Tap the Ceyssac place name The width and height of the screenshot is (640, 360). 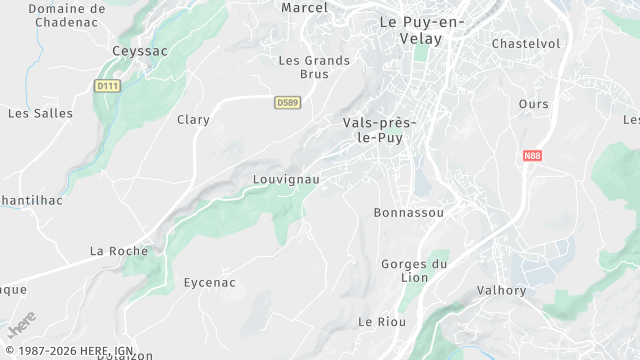pos(140,50)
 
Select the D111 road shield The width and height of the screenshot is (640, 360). pos(107,86)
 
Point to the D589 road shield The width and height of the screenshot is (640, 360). pos(287,102)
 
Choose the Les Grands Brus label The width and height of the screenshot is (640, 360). pos(314,67)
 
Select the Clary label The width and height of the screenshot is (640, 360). pos(193,120)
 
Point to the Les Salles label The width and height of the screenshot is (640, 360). pos(40,113)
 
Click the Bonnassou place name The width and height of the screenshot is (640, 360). pos(408,213)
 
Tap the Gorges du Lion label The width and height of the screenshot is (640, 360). pos(414,271)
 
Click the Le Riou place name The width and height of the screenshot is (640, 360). pos(380,321)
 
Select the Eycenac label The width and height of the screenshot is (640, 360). pos(210,283)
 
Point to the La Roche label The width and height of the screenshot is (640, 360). pos(119,250)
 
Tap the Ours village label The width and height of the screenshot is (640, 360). pos(534,104)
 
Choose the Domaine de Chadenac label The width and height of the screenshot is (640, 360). pos(66,15)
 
